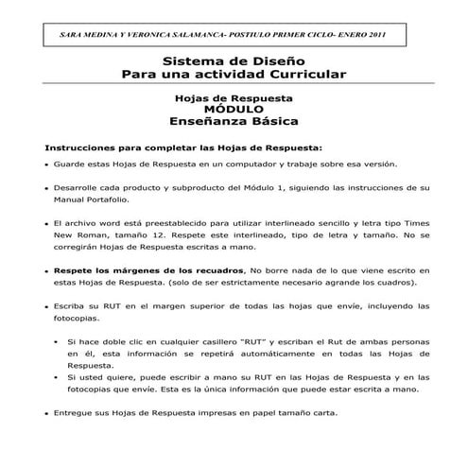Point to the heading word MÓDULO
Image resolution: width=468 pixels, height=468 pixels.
[x=234, y=110]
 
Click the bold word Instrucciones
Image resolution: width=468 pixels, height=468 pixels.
[x=79, y=147]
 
